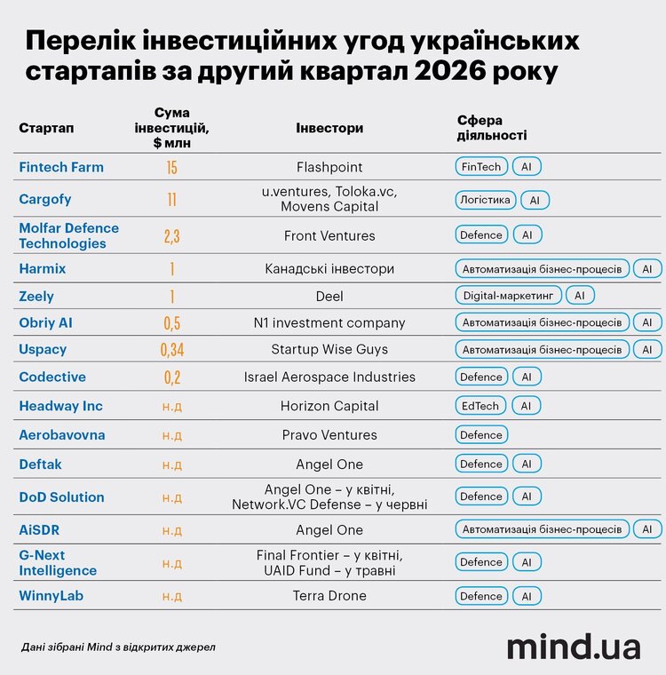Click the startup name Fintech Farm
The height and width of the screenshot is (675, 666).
pos(61,167)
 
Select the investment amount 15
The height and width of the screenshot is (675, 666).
pos(171,168)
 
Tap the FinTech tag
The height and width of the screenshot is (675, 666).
pos(481,167)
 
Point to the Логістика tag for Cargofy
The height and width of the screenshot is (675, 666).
pos(485,200)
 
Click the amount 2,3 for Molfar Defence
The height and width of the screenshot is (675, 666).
pos(171,236)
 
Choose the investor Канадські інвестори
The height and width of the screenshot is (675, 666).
pos(329,269)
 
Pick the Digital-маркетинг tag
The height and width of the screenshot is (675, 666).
pos(509,296)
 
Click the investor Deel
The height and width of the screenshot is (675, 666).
pos(329,296)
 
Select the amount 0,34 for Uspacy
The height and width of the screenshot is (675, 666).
pos(171,350)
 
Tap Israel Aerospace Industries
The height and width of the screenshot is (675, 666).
pos(329,377)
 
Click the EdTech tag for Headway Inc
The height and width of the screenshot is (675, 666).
pos(480,406)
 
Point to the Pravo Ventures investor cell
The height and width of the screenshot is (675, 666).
pos(329,435)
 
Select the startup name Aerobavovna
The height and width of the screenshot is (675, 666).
pos(62,435)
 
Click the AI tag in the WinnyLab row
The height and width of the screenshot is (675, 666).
pos(527,596)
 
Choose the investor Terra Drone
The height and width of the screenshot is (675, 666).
pos(329,596)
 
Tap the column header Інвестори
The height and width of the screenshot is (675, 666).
pos(329,128)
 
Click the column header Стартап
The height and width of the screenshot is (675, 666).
pos(46,128)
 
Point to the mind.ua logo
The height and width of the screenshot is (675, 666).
pos(574,647)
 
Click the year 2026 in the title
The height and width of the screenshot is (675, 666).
pos(450,71)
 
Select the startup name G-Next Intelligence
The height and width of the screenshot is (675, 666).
pos(58,562)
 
